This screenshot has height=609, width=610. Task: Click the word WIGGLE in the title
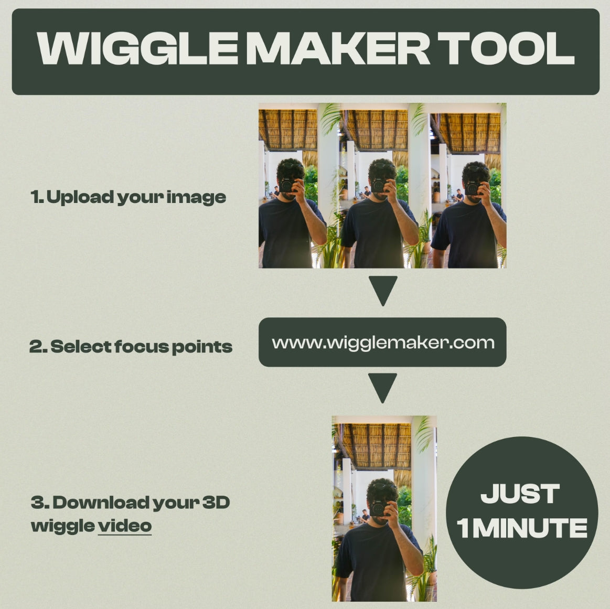tap(137, 48)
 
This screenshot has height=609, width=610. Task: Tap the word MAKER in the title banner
tap(338, 48)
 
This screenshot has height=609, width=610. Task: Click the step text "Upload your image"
tap(136, 197)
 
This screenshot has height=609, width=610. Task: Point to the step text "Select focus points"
tap(141, 347)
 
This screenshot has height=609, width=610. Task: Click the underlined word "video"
tap(124, 526)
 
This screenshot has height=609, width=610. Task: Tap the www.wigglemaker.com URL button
tap(382, 342)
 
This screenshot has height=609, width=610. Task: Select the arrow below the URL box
tap(382, 386)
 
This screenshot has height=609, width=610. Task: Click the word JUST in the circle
tap(520, 494)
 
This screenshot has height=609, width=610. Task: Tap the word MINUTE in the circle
tap(530, 528)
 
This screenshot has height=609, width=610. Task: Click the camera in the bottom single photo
tap(379, 508)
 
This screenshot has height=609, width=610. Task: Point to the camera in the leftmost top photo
tap(287, 185)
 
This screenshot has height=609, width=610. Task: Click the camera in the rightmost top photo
tap(473, 188)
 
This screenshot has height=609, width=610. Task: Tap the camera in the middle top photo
tap(379, 185)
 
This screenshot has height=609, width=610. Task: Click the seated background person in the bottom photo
tap(365, 516)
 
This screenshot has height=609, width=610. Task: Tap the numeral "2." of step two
tap(38, 347)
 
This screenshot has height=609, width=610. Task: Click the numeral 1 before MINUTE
tap(463, 528)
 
